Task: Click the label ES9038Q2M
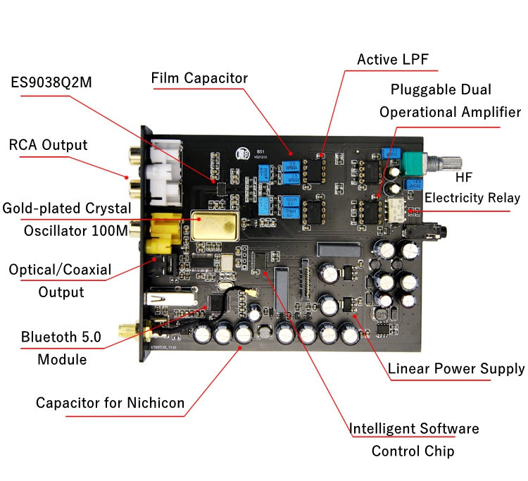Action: [x=51, y=82]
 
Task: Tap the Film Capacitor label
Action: [x=199, y=77]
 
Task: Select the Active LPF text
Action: [x=392, y=58]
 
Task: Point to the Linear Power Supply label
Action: [x=456, y=368]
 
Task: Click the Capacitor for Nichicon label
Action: [x=111, y=403]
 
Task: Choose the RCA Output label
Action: [x=48, y=145]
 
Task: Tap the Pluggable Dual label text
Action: [x=441, y=89]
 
